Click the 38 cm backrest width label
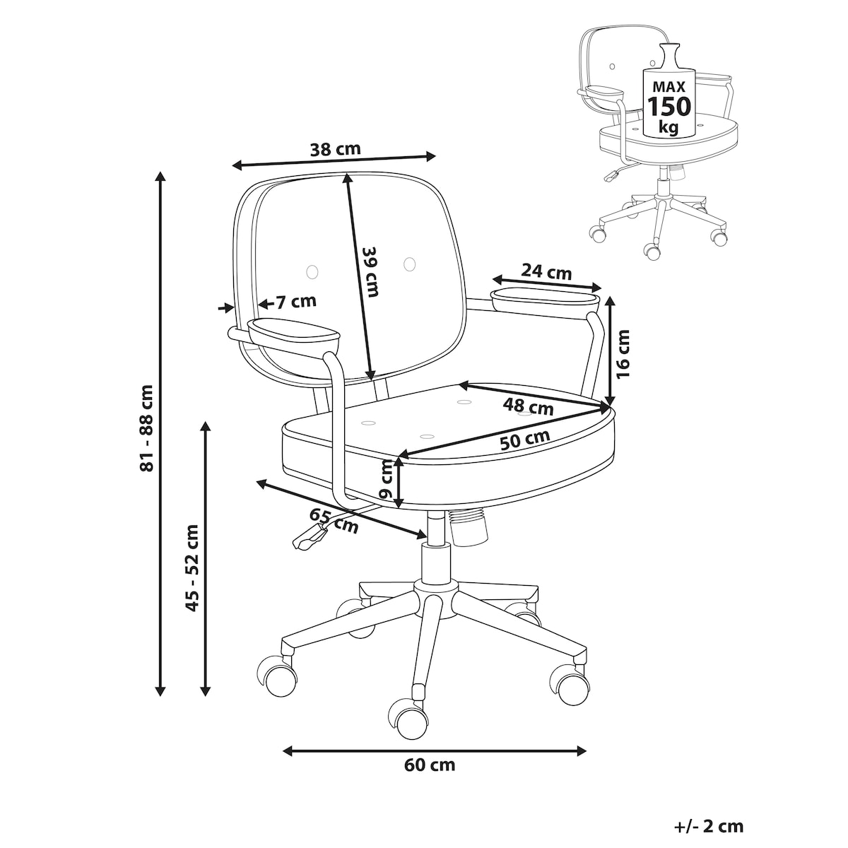(x=336, y=150)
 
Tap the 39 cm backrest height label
(x=370, y=271)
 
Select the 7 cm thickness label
(x=296, y=302)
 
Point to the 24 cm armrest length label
(x=546, y=271)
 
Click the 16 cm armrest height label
(x=623, y=354)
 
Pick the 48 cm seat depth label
(x=528, y=406)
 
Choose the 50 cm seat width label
(x=525, y=440)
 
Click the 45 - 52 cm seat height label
(x=192, y=567)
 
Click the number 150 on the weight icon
(x=669, y=106)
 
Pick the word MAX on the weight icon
(x=669, y=86)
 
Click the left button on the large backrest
(x=312, y=271)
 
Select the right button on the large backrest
(x=409, y=264)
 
